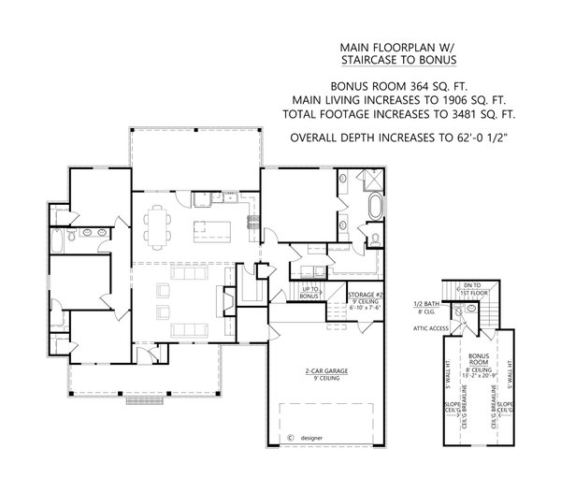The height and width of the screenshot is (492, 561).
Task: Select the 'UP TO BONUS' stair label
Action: (310, 293)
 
